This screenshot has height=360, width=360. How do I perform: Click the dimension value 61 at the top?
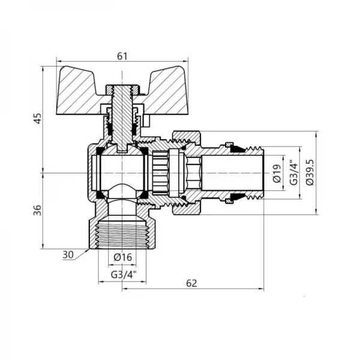click(122, 56)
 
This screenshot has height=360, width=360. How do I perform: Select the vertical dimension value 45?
click(38, 119)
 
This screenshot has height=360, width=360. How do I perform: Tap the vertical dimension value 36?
click(38, 210)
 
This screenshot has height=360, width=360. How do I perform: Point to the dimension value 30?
click(68, 254)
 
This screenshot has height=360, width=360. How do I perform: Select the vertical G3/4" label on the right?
click(293, 173)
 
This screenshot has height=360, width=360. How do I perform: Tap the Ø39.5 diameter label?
click(309, 173)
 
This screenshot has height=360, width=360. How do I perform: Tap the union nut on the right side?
click(186, 173)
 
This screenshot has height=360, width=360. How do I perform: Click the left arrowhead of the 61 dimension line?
click(58, 61)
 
